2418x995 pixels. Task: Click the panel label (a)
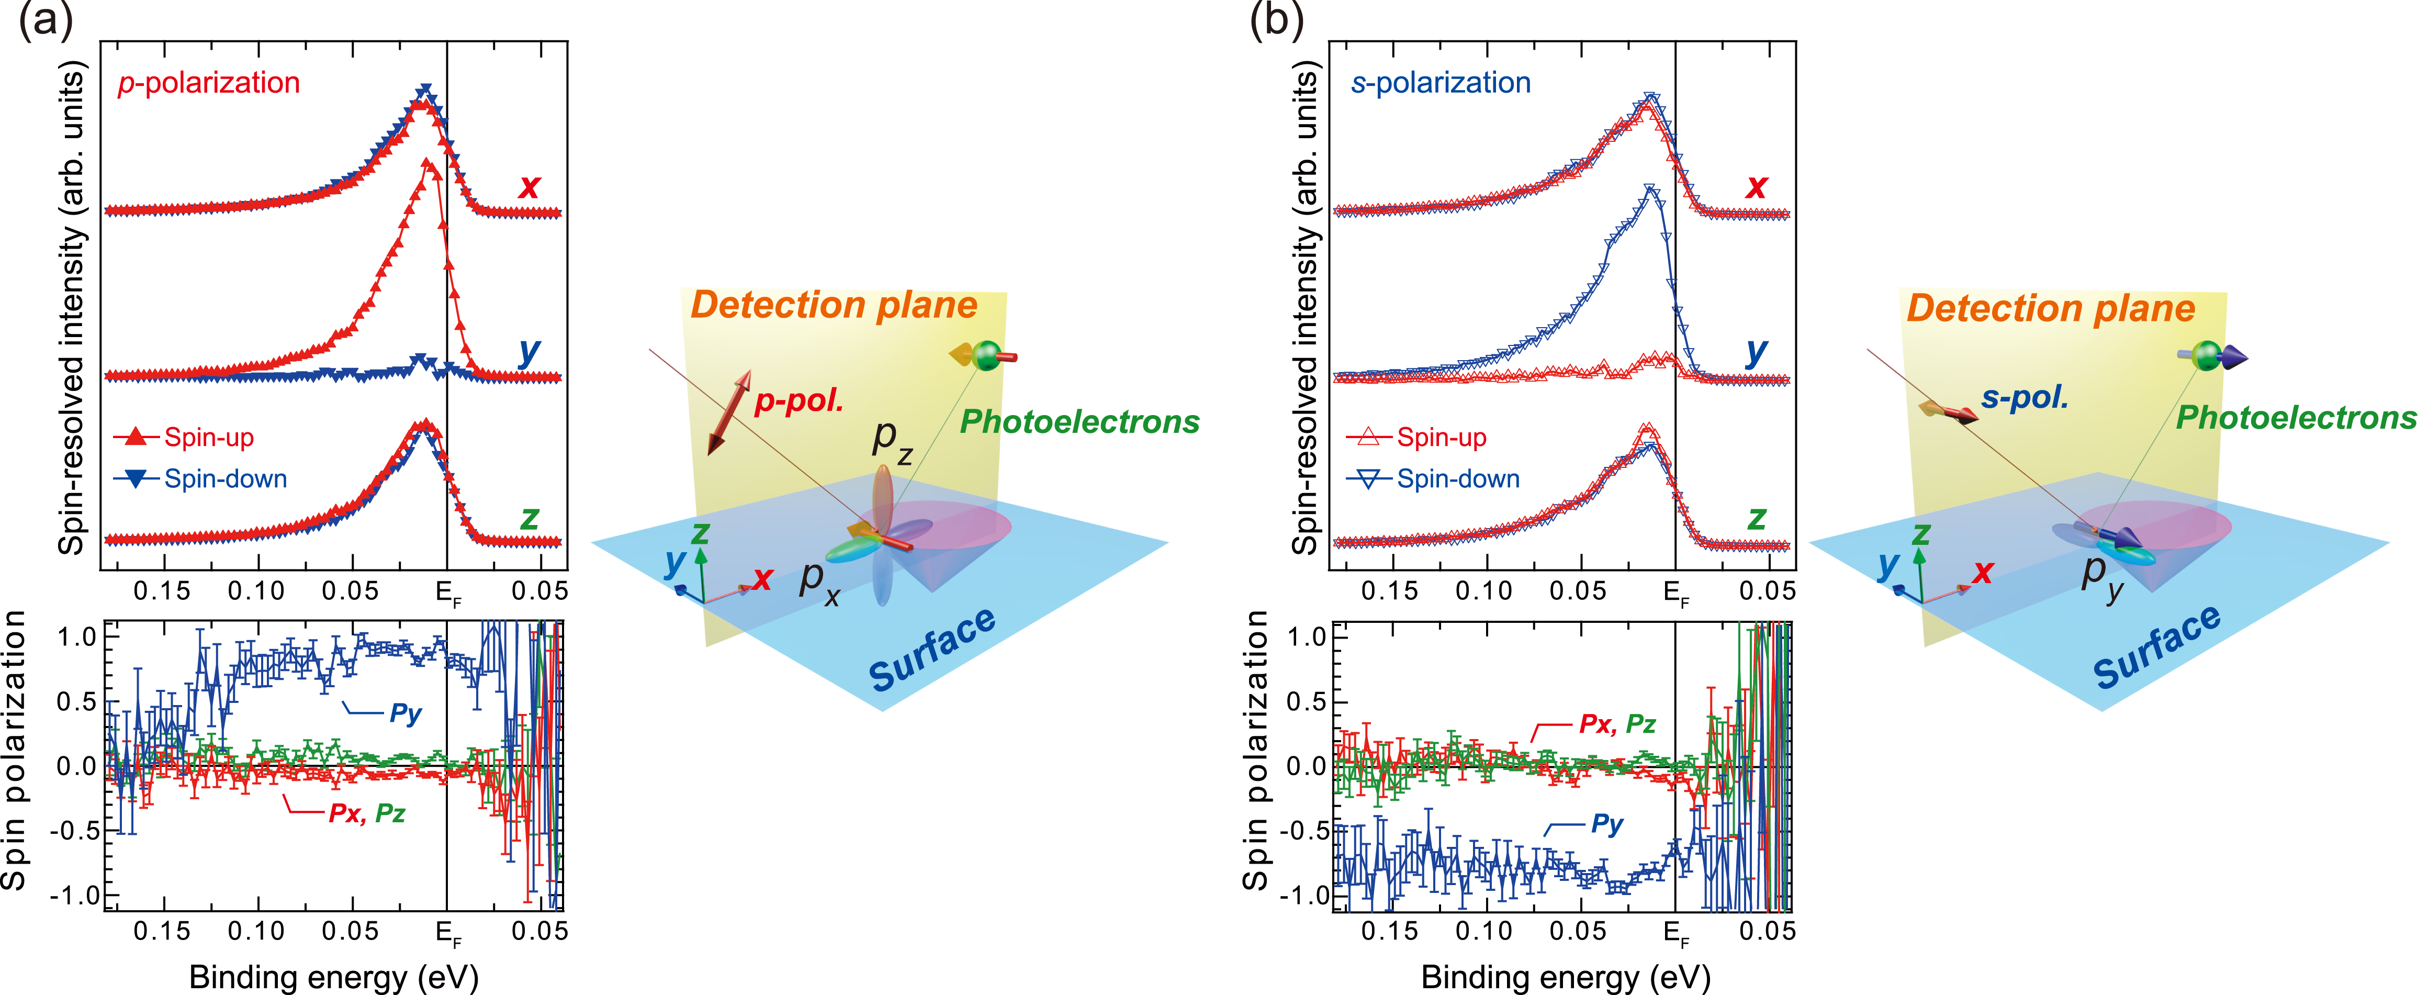[45, 20]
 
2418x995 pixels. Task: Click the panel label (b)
[1277, 20]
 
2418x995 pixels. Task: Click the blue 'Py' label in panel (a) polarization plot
[406, 713]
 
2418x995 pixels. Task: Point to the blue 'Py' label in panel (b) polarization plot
[1607, 824]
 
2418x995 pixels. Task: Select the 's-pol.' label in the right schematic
[2025, 397]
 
